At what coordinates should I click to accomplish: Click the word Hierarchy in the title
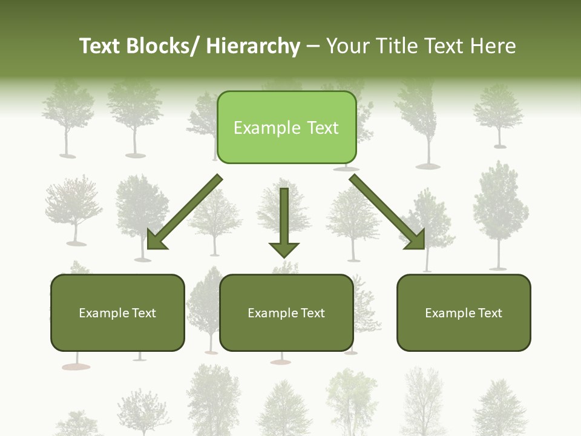(x=253, y=46)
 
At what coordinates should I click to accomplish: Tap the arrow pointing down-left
(x=185, y=212)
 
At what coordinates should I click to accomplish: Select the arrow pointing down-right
(x=387, y=212)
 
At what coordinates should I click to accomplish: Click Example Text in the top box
(x=286, y=128)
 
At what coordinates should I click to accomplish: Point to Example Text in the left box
(x=117, y=313)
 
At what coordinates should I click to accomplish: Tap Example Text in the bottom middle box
(x=286, y=313)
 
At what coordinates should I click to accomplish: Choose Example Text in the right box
(x=464, y=313)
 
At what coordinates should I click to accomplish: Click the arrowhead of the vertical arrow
(x=284, y=249)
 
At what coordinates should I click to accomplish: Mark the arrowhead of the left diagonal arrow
(x=155, y=240)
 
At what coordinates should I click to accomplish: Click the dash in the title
(x=313, y=47)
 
